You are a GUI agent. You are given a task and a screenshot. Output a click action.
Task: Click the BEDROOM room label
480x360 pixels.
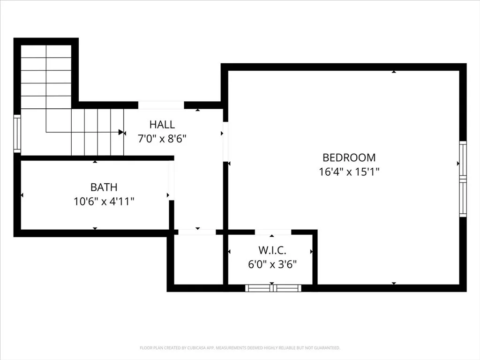coord(349,157)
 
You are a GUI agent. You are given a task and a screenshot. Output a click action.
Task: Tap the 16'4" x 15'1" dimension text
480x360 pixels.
coord(349,172)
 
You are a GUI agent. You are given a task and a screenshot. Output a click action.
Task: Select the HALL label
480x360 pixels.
coord(162,125)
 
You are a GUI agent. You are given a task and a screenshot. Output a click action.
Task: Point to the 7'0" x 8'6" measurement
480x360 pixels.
coord(162,139)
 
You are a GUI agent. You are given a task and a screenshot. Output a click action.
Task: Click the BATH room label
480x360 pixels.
coord(104,187)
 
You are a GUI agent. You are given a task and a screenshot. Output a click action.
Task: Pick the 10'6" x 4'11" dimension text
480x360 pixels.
coord(104,202)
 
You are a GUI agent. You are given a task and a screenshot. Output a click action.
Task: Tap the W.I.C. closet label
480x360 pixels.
coord(272,250)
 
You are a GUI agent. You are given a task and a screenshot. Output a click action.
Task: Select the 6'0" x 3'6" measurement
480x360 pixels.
coord(272,264)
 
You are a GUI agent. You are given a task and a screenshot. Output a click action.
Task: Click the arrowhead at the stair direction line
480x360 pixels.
coord(121,132)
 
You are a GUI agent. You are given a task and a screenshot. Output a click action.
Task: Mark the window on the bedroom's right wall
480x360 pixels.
coord(463,179)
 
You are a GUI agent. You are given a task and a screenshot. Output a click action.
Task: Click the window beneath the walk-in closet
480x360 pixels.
coord(273,288)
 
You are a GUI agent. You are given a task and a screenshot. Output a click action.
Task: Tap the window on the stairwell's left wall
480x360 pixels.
coord(17,134)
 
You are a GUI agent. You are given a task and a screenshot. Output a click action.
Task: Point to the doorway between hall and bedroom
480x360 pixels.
coord(225,141)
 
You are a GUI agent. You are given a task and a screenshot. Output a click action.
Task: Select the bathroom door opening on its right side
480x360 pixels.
coord(172,180)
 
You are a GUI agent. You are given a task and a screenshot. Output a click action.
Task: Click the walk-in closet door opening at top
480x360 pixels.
coord(273,232)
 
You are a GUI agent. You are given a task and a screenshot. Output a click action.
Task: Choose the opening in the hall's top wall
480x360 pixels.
coord(161,105)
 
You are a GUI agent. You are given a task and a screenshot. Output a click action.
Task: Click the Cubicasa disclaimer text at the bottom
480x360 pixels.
coord(240,348)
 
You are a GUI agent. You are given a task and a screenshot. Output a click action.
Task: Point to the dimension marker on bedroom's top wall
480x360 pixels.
coord(394,72)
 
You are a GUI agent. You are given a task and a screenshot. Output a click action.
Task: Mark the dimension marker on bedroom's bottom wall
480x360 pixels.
coord(394,283)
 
